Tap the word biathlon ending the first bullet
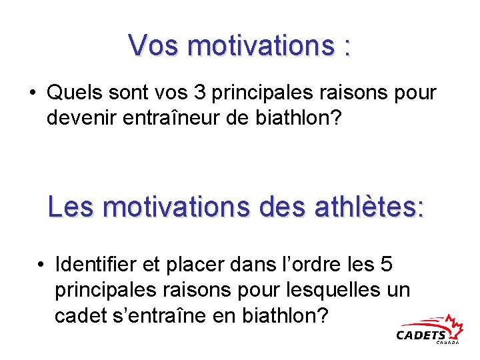tap(300, 117)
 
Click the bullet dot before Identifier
tap(41, 265)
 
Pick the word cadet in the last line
tap(78, 315)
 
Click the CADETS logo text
tap(421, 335)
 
